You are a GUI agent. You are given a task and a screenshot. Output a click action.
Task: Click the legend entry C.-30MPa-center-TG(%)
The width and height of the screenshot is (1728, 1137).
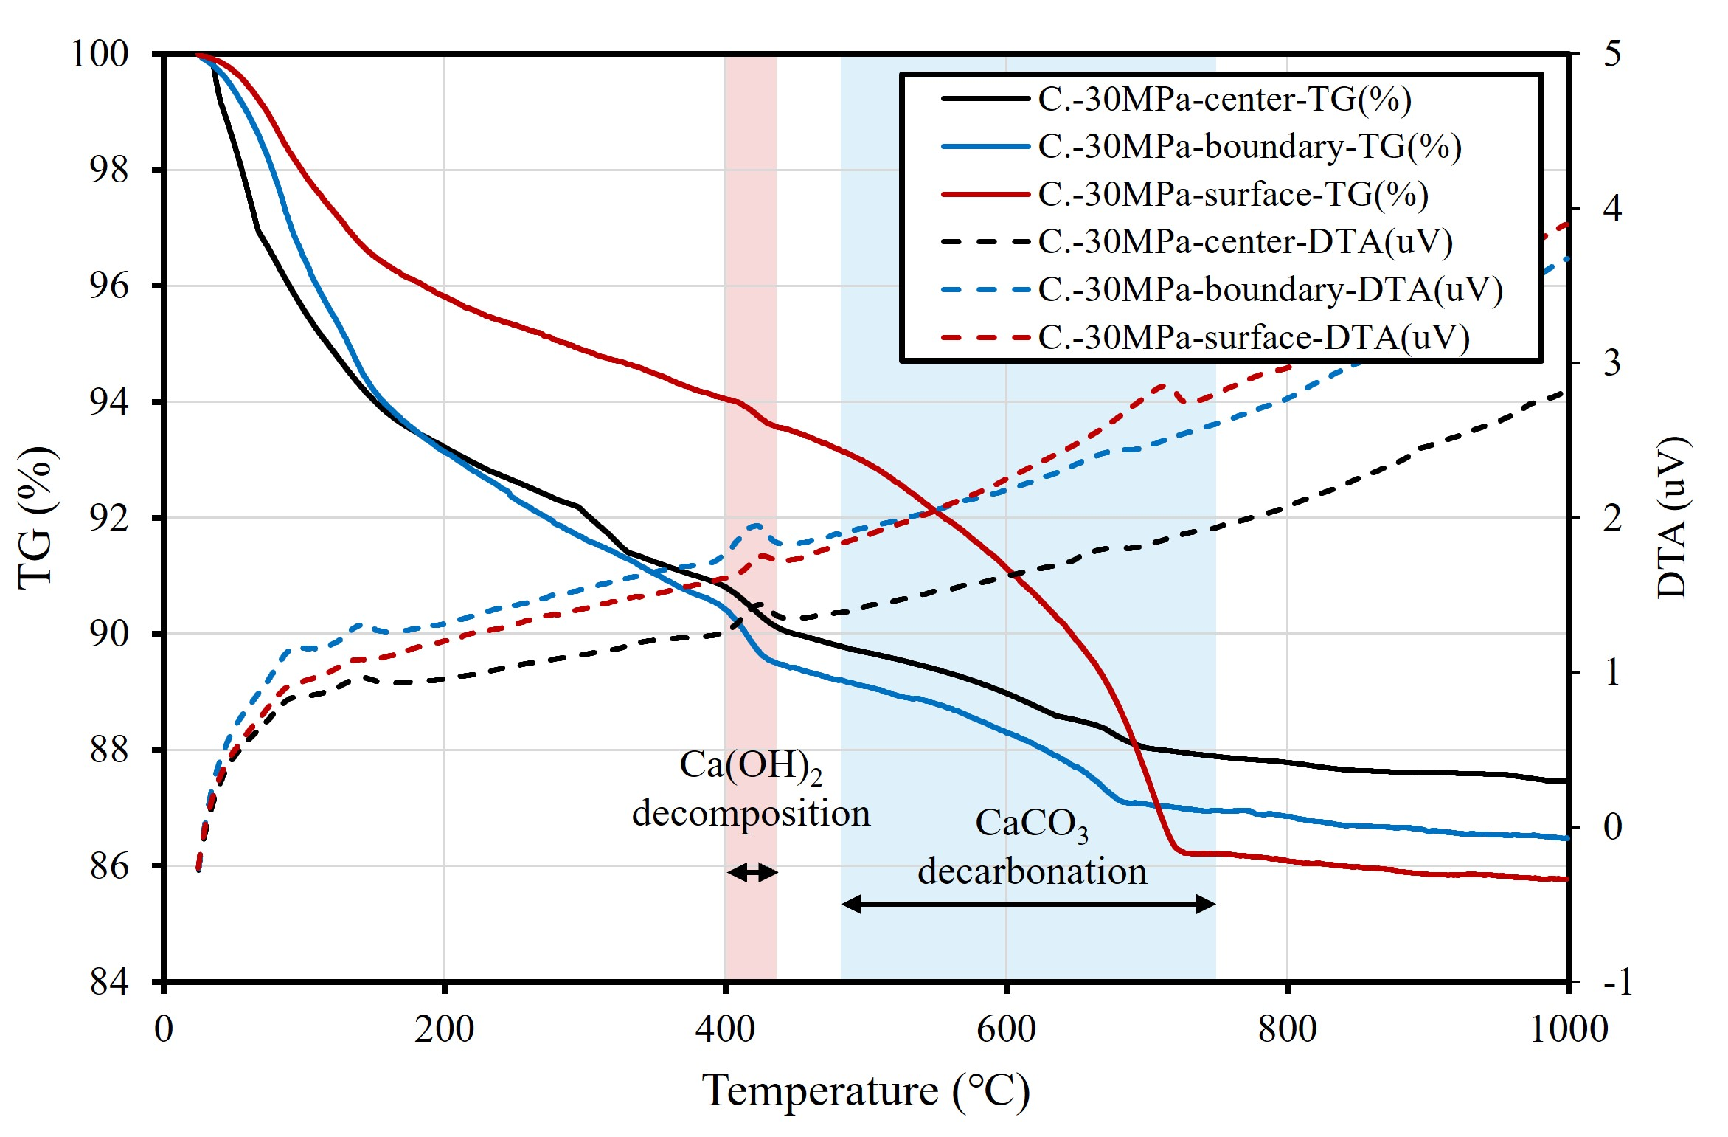(x=1224, y=99)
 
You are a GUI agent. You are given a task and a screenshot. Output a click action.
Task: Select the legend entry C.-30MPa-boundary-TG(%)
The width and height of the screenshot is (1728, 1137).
(x=1249, y=146)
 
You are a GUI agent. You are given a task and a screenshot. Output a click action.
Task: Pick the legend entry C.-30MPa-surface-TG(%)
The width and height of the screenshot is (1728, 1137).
(x=1233, y=194)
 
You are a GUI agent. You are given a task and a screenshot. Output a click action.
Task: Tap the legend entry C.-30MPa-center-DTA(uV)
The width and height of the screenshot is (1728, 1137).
(x=1245, y=241)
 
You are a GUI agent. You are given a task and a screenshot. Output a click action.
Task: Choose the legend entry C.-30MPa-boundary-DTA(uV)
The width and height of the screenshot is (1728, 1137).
(x=1270, y=289)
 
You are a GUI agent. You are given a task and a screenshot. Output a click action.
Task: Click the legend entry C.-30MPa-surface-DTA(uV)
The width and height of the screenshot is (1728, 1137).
(x=1254, y=337)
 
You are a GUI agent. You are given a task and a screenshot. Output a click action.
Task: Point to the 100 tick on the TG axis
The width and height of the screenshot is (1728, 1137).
(x=100, y=54)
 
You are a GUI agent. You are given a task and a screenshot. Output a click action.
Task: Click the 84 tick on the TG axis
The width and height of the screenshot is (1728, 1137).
(x=108, y=982)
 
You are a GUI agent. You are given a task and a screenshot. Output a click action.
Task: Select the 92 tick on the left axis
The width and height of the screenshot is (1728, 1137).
(x=108, y=518)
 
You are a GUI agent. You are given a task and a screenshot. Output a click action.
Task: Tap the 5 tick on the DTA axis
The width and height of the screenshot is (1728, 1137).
(x=1612, y=54)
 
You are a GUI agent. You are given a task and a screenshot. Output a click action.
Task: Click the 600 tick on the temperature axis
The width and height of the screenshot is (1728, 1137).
(x=1006, y=1029)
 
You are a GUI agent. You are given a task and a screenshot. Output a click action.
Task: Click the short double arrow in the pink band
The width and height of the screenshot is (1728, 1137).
(x=752, y=872)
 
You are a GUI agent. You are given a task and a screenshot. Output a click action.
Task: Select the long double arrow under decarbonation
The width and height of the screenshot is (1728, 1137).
(x=1028, y=904)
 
